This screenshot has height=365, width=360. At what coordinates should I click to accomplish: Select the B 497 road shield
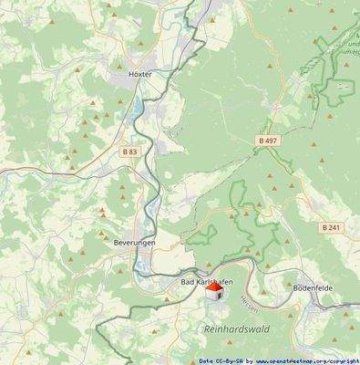click(x=266, y=141)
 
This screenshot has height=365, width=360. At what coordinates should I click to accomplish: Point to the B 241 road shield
click(x=330, y=227)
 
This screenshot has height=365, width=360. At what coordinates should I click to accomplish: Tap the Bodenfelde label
click(x=312, y=287)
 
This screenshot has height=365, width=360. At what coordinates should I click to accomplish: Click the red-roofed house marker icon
click(x=211, y=293)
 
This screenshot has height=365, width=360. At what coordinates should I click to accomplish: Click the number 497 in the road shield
click(x=270, y=141)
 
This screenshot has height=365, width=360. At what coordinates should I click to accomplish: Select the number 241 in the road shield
click(x=334, y=227)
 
